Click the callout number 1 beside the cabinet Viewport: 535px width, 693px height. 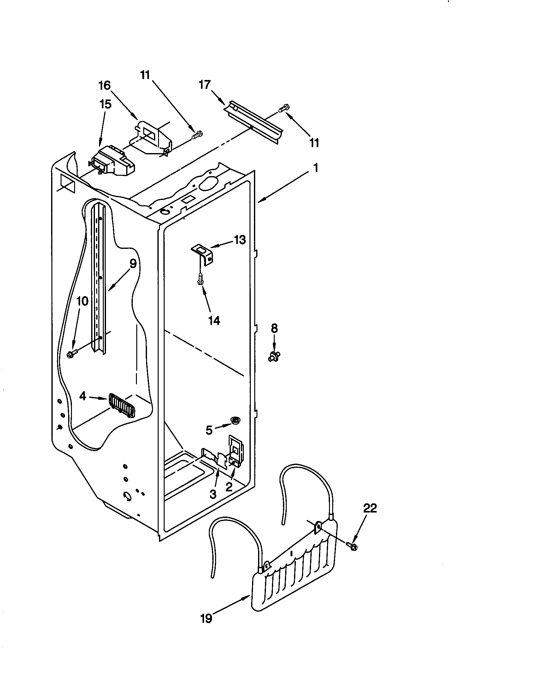[315, 168]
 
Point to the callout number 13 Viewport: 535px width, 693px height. [240, 240]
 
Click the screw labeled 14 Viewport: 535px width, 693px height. [200, 280]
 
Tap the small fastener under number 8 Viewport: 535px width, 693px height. [274, 356]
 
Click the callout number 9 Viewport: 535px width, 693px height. [133, 263]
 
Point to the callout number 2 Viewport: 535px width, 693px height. [229, 487]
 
